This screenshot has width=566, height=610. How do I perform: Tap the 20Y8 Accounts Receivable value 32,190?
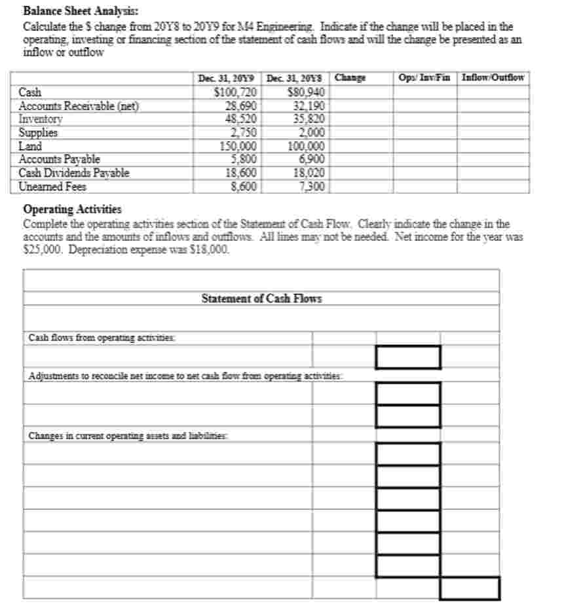pos(308,105)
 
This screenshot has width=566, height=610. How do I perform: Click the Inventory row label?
pos(41,119)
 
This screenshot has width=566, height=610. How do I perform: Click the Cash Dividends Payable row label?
pos(74,173)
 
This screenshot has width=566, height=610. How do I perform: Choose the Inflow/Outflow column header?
pos(493,78)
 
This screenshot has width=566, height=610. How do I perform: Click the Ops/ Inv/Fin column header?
pos(424,78)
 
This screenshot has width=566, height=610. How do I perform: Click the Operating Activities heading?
pos(72,209)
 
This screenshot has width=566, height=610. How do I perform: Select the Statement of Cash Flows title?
pos(261,298)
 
